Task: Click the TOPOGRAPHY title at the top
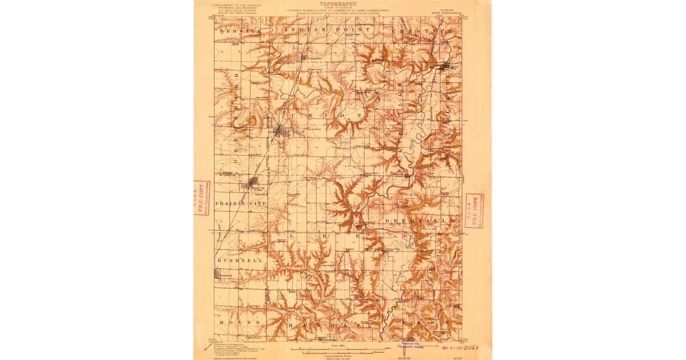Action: (x=342, y=3)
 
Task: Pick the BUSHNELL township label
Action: (x=239, y=260)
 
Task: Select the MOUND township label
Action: (x=234, y=322)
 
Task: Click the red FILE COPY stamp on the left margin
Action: (x=201, y=198)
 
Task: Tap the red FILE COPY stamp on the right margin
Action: (x=474, y=210)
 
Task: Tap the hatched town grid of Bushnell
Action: (x=221, y=275)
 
